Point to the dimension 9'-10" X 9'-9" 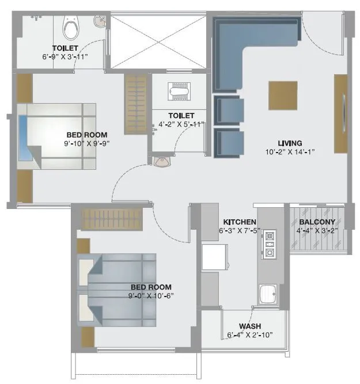pyautogui.click(x=87, y=145)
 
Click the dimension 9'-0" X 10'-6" pyautogui.click(x=151, y=295)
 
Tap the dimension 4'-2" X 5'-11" pyautogui.click(x=181, y=124)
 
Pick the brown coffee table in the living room pyautogui.click(x=283, y=95)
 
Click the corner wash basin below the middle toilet pyautogui.click(x=162, y=162)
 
